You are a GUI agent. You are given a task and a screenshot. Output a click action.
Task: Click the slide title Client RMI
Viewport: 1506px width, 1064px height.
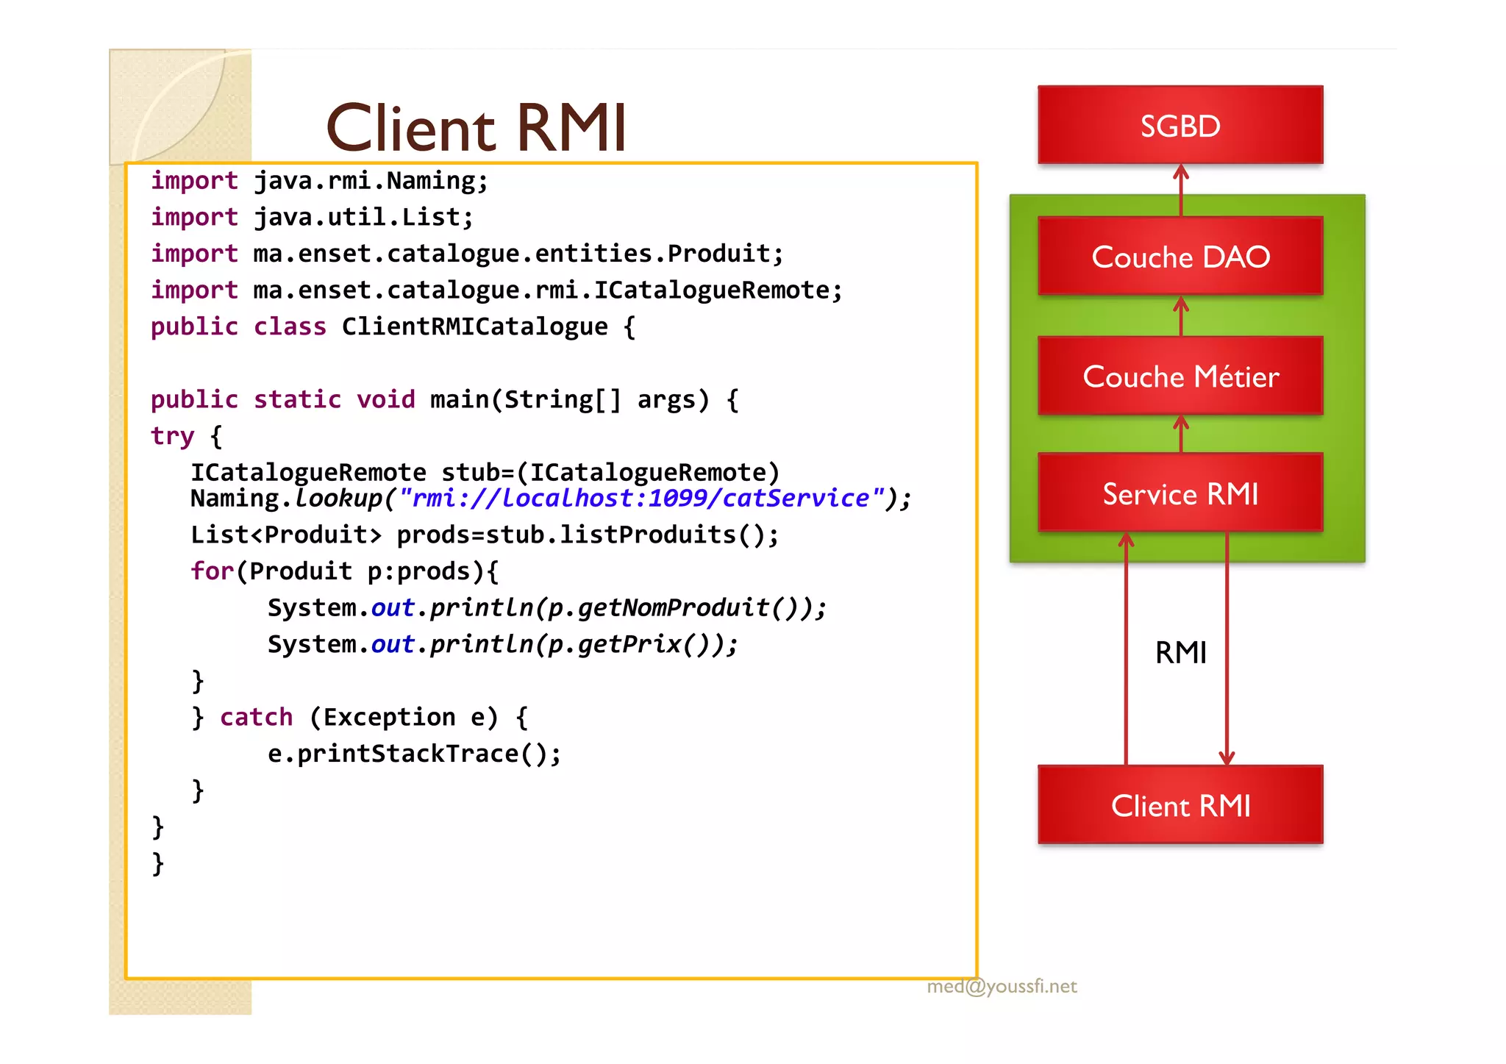click(x=476, y=128)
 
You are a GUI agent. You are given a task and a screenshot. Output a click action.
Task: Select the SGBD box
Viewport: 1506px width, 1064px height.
click(x=1180, y=125)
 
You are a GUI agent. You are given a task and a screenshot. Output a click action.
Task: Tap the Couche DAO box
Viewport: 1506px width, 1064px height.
click(x=1180, y=257)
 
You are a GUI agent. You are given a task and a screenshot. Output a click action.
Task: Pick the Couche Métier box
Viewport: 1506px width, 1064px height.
click(x=1180, y=376)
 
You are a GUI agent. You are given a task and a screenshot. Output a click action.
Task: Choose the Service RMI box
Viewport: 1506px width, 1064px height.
click(x=1180, y=493)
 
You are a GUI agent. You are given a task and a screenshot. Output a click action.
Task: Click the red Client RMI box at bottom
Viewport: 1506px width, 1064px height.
click(x=1180, y=805)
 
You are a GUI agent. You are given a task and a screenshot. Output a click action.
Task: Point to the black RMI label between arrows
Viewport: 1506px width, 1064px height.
click(x=1180, y=652)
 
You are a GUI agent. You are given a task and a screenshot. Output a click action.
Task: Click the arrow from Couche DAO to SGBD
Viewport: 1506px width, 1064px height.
click(x=1181, y=190)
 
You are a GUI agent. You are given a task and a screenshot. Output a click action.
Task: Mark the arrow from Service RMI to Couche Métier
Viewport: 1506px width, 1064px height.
click(x=1181, y=434)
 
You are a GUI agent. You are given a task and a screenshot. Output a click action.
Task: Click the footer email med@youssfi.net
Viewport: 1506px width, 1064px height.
click(x=1002, y=986)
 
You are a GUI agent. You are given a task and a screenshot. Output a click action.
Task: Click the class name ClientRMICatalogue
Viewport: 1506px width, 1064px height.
click(x=474, y=326)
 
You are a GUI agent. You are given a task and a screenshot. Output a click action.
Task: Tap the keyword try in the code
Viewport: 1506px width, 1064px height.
click(x=172, y=436)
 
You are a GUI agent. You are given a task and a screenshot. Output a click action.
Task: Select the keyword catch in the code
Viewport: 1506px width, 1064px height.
click(x=256, y=717)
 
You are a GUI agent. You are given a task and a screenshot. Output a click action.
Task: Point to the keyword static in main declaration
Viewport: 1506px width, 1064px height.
click(x=297, y=399)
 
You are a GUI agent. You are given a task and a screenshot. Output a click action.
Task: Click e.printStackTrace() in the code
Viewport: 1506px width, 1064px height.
click(x=413, y=754)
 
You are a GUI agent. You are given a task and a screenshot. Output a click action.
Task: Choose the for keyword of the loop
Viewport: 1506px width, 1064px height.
click(x=212, y=571)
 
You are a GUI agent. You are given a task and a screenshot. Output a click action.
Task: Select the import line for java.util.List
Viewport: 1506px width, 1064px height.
click(x=312, y=218)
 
